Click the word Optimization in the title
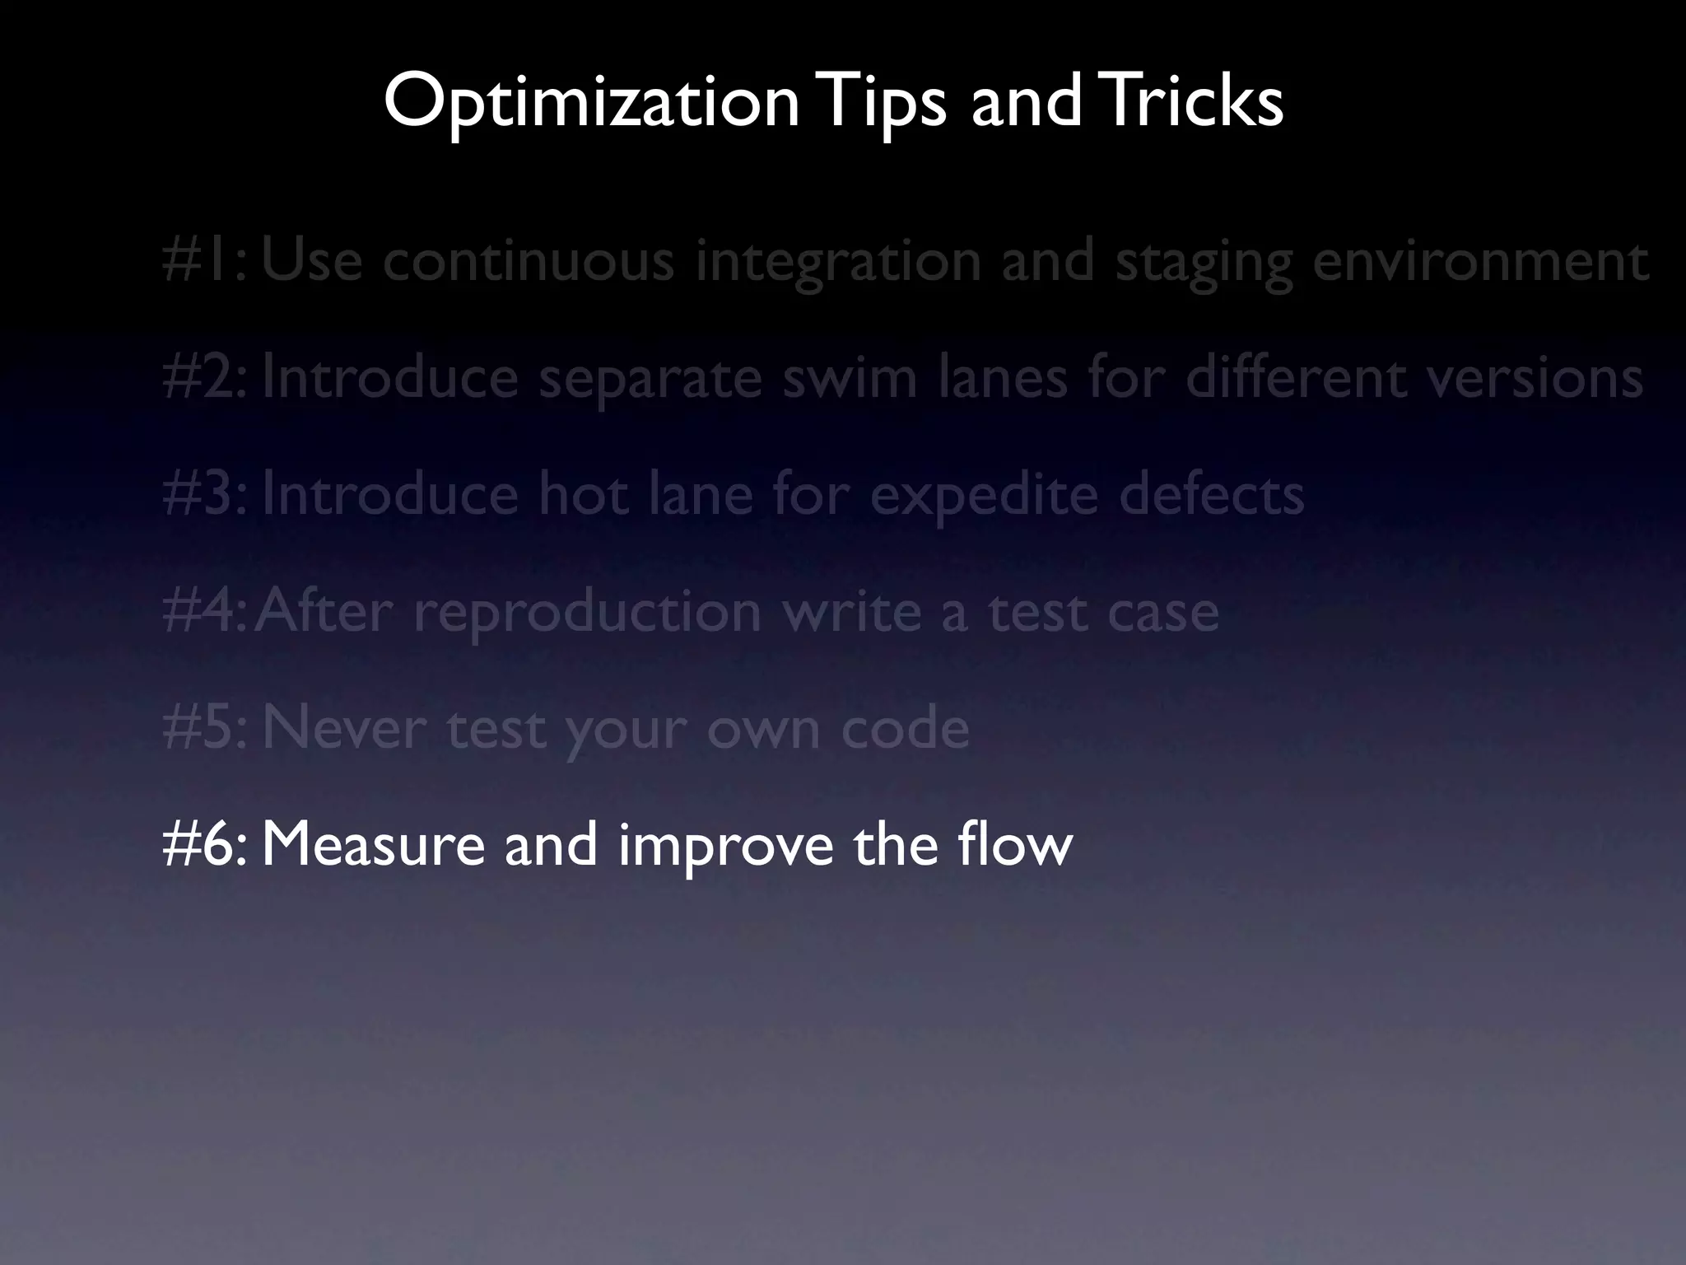[591, 102]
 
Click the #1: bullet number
[204, 261]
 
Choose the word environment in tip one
[1480, 261]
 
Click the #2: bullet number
[204, 378]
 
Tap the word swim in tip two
[849, 378]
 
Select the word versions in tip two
[1535, 378]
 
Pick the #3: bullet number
[204, 495]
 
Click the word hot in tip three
[585, 495]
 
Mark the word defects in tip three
[1211, 495]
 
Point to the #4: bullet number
[203, 612]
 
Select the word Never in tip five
[344, 729]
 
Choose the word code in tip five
[905, 729]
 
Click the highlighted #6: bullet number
[204, 845]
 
